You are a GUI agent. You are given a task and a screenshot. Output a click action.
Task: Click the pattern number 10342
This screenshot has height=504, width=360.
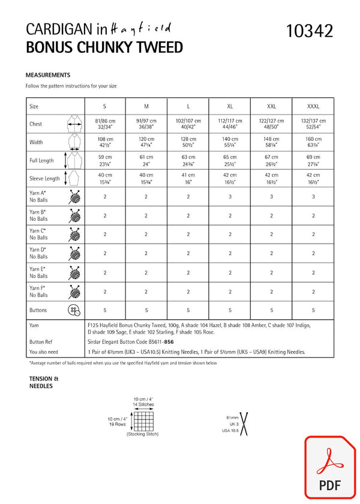click(x=310, y=31)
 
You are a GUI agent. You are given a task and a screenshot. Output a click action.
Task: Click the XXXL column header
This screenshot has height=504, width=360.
click(x=313, y=106)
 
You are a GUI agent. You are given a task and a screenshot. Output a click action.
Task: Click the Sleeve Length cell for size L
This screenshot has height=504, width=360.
click(x=188, y=178)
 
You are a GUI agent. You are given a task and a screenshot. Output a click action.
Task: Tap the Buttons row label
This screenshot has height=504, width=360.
click(x=38, y=310)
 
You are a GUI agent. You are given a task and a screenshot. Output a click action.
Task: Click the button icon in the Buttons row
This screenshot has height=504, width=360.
click(x=74, y=310)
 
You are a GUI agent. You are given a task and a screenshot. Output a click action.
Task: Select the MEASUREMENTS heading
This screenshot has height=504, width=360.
click(x=48, y=75)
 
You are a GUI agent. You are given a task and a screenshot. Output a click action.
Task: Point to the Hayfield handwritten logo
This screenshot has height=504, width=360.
click(x=141, y=28)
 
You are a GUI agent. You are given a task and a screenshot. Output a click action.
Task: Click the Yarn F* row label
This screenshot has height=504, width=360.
click(x=38, y=292)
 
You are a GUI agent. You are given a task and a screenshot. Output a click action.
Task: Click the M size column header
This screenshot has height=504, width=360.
click(x=146, y=106)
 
